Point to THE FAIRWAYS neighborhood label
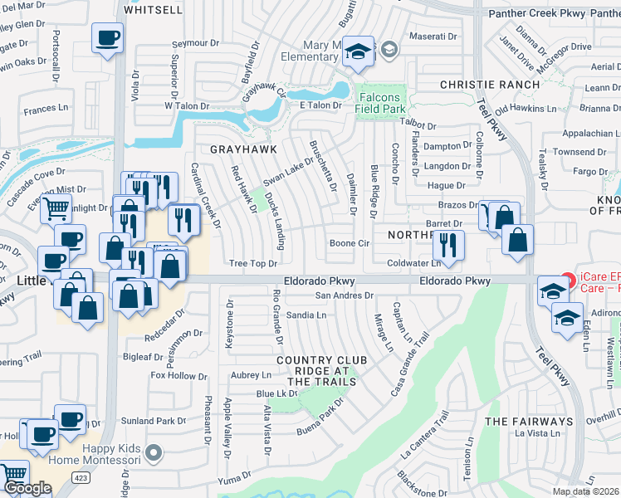530,422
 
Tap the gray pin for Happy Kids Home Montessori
152,452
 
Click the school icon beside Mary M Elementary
359,51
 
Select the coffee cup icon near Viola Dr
108,38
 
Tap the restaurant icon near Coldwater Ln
448,245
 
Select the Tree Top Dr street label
252,263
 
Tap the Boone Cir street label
349,243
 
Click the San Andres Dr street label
345,295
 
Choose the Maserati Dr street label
437,37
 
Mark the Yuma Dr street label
234,473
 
